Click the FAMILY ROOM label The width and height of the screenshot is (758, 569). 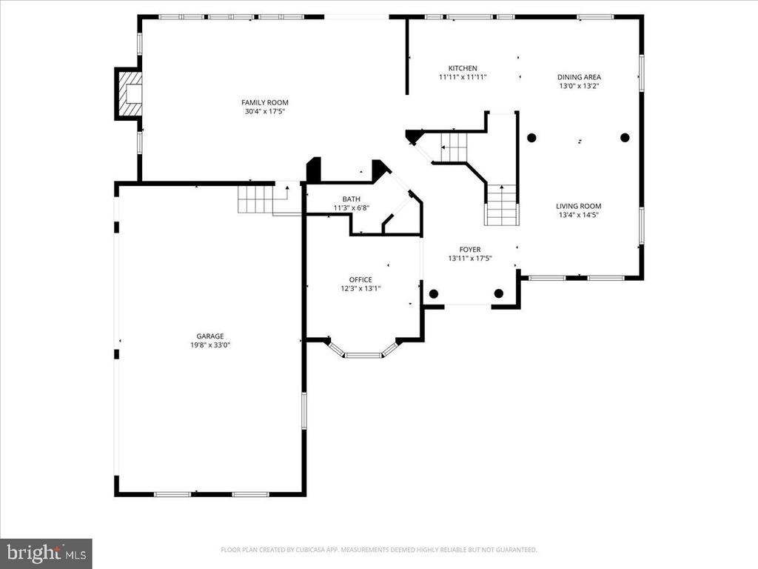[265, 102]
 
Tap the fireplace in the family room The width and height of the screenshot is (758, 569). [129, 94]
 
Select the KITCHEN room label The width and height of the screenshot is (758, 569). [463, 68]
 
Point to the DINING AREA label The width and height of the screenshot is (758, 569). [579, 77]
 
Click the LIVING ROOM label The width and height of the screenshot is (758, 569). [579, 206]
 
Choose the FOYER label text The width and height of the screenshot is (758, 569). [470, 250]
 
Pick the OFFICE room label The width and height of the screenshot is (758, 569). [360, 279]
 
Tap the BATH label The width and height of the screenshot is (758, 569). [352, 199]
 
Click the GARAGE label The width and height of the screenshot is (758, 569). [210, 336]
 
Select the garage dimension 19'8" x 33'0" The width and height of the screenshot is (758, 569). [210, 345]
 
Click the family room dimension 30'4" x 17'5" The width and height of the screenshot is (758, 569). [265, 112]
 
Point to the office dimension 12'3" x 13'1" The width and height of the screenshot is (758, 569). [360, 289]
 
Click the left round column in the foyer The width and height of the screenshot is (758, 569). [434, 293]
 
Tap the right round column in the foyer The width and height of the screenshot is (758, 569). [499, 293]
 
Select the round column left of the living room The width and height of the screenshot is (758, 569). [531, 138]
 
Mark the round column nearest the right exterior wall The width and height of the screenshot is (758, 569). [625, 138]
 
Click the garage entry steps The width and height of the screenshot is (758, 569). [255, 199]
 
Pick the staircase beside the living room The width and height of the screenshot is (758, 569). [501, 205]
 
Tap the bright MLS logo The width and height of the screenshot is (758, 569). [46, 552]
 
